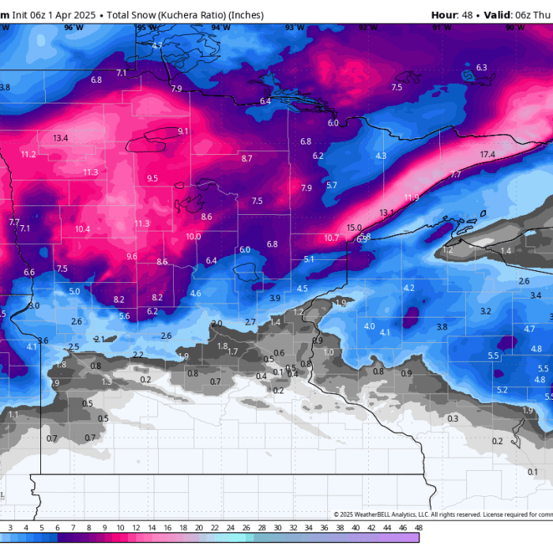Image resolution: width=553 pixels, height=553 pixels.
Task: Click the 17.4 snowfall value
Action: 487,154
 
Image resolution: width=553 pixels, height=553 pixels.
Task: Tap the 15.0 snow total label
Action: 354,228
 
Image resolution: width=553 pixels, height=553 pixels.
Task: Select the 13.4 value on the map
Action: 61,138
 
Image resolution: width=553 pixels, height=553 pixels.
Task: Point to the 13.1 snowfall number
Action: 386,213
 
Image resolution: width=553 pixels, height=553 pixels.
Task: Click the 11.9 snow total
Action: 412,197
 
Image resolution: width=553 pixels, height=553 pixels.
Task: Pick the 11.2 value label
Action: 29,154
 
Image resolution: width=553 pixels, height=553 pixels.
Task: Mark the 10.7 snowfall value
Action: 331,238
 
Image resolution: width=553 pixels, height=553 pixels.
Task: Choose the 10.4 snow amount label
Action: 83,229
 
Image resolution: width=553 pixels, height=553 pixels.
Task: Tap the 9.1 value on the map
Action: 183,131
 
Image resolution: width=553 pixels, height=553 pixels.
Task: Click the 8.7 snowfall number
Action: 247,159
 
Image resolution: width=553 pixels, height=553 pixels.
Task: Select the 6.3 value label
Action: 482,68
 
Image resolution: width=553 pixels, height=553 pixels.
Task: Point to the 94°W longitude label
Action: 221,28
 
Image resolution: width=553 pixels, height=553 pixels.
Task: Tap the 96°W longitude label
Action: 73,28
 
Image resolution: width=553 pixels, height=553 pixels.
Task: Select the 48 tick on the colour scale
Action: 417,528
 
